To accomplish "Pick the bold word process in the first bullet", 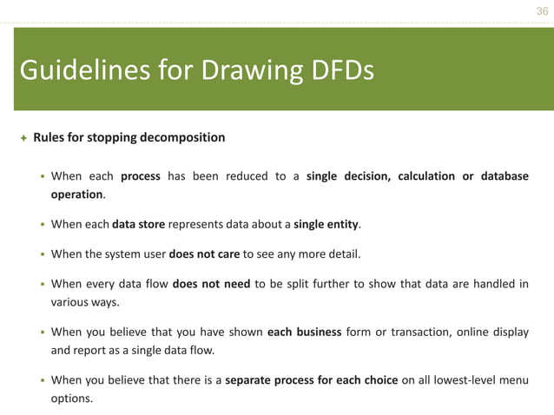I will tap(140, 176).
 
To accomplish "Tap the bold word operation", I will tap(76, 194).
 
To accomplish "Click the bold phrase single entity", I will tap(326, 224).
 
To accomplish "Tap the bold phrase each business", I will tap(304, 332).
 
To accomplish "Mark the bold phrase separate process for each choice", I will tap(312, 379).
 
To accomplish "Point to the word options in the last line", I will tap(71, 399).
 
